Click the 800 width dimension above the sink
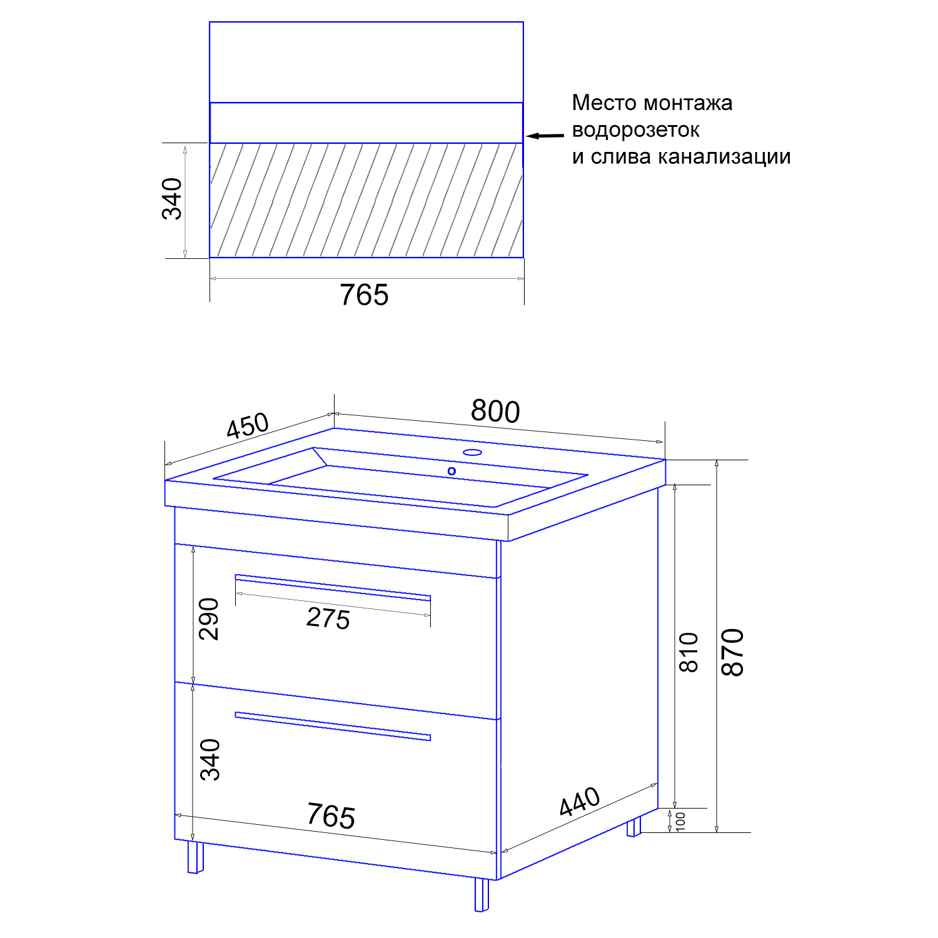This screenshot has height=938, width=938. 495,411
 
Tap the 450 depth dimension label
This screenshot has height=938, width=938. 248,426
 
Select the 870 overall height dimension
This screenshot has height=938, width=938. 732,652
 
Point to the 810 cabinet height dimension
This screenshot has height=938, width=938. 688,652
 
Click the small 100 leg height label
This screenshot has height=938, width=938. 681,821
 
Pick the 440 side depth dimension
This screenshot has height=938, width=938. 580,802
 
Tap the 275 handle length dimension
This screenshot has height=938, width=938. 328,618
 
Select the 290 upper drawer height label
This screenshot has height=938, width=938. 209,619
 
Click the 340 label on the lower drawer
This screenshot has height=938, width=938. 210,760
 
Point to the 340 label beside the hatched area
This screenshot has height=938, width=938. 172,199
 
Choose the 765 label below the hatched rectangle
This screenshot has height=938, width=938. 364,295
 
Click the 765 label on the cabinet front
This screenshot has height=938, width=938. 331,815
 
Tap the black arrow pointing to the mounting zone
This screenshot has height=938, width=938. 545,135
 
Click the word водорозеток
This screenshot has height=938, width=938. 635,130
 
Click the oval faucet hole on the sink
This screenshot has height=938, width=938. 472,451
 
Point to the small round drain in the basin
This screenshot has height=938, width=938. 451,471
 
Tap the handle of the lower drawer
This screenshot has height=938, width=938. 333,726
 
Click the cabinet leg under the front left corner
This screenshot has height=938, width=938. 196,857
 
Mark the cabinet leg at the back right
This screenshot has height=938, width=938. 634,827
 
